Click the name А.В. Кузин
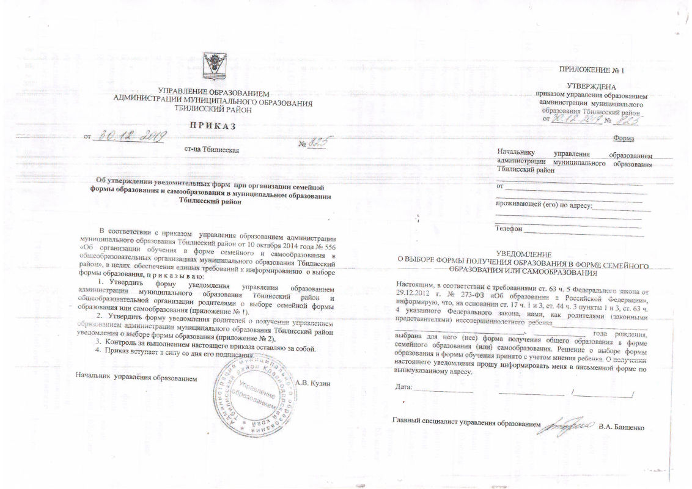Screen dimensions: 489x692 coord(312,383)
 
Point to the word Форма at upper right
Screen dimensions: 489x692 coord(623,138)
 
